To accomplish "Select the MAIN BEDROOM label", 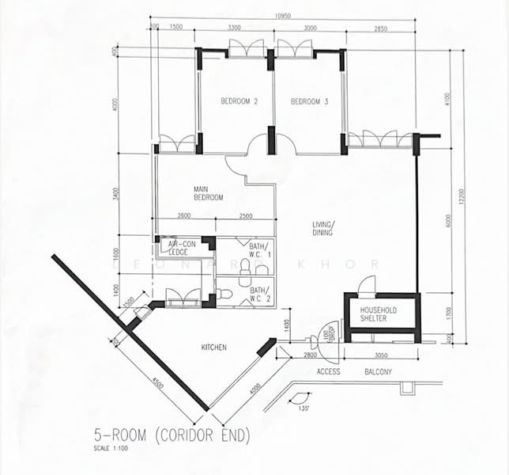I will [x=209, y=193].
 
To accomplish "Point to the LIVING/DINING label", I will [x=322, y=229].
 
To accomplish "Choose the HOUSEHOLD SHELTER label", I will [x=379, y=314].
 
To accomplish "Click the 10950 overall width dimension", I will [x=284, y=17].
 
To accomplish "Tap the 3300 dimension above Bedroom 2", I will [x=236, y=27].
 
